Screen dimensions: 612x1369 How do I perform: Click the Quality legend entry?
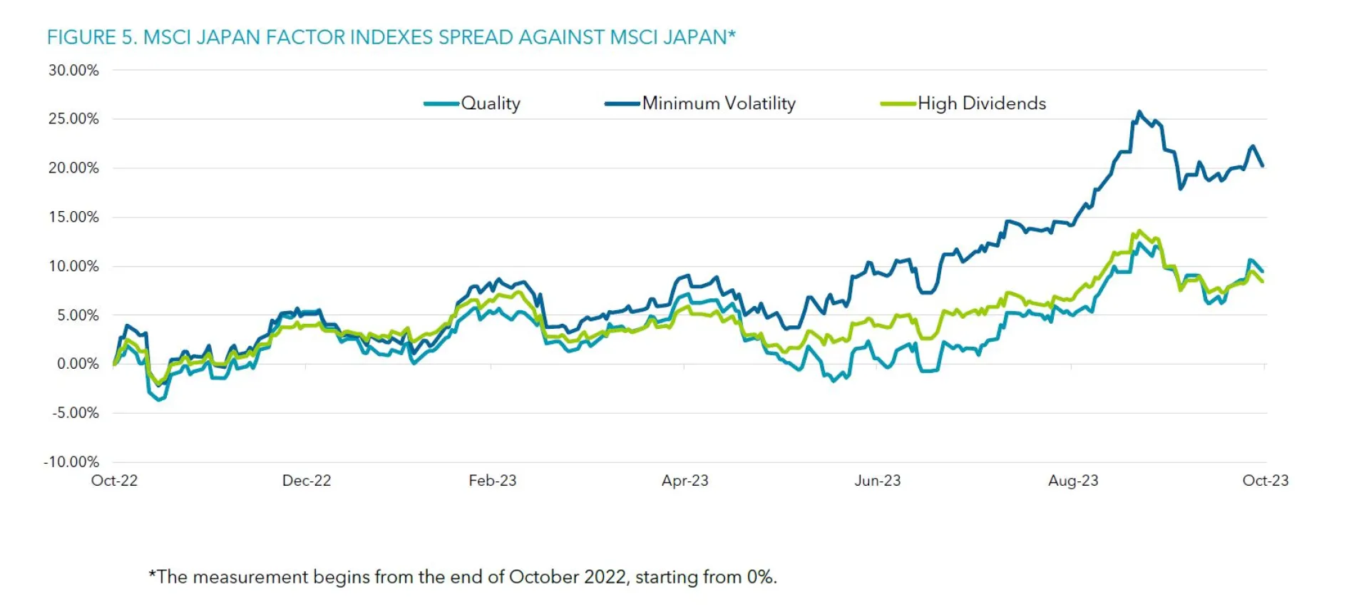[x=491, y=103]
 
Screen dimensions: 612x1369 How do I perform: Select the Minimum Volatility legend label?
[x=719, y=103]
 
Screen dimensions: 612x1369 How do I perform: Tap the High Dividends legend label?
[x=982, y=103]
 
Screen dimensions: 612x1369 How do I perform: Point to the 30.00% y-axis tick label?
[x=73, y=70]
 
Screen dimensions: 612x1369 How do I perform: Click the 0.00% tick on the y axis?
[x=78, y=364]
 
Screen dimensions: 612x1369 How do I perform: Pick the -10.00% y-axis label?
[x=71, y=461]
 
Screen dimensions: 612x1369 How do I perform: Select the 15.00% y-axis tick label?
[x=73, y=217]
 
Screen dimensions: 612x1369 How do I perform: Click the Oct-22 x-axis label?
[x=114, y=481]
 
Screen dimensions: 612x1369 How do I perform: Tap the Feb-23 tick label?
[x=493, y=481]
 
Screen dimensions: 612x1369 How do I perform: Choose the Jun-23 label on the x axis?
[x=878, y=481]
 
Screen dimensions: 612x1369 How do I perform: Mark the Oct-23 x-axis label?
[x=1266, y=481]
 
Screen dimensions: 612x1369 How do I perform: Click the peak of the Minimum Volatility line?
[x=1139, y=111]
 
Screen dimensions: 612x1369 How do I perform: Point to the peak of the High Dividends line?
[x=1139, y=230]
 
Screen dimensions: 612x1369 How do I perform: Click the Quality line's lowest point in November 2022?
[x=159, y=400]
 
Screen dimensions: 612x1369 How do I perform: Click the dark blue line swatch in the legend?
[x=622, y=104]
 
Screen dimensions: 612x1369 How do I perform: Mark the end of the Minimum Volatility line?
[x=1263, y=166]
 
